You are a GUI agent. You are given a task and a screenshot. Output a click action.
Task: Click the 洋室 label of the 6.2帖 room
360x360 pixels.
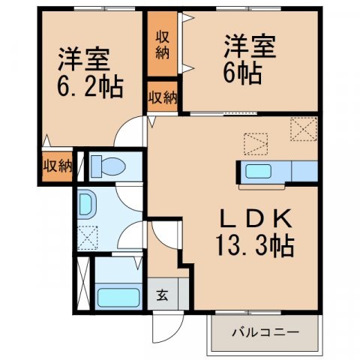coord(82,58)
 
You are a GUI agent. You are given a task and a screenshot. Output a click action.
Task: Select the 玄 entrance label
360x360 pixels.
coord(162,294)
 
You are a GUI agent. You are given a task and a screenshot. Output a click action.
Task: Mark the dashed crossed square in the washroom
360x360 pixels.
coord(87,238)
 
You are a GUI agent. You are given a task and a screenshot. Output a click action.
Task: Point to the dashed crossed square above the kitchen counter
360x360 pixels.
coord(304,130)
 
